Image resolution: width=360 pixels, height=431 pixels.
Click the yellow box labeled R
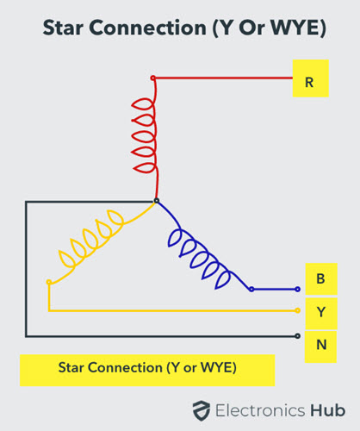(310, 78)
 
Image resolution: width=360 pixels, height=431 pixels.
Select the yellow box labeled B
(321, 278)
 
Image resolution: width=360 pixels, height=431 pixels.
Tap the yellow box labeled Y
(321, 313)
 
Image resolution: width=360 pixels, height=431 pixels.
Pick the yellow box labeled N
(320, 347)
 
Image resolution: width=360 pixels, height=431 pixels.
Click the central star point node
(157, 201)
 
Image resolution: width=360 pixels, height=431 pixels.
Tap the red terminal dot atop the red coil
(153, 78)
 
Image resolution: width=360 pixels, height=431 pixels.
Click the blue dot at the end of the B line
(298, 290)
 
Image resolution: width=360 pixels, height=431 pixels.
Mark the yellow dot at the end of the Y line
(298, 310)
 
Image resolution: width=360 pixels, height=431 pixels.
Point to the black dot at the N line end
(298, 336)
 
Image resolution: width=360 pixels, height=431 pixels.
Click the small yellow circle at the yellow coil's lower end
(49, 282)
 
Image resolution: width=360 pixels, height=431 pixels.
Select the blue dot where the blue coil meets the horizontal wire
(251, 290)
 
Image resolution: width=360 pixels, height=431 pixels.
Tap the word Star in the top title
(63, 28)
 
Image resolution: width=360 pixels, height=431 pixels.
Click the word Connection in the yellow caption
(126, 367)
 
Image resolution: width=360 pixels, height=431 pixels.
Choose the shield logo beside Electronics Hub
(202, 410)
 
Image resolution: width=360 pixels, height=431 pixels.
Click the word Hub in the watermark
(327, 410)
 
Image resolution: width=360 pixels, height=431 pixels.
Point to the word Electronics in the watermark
(260, 410)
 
